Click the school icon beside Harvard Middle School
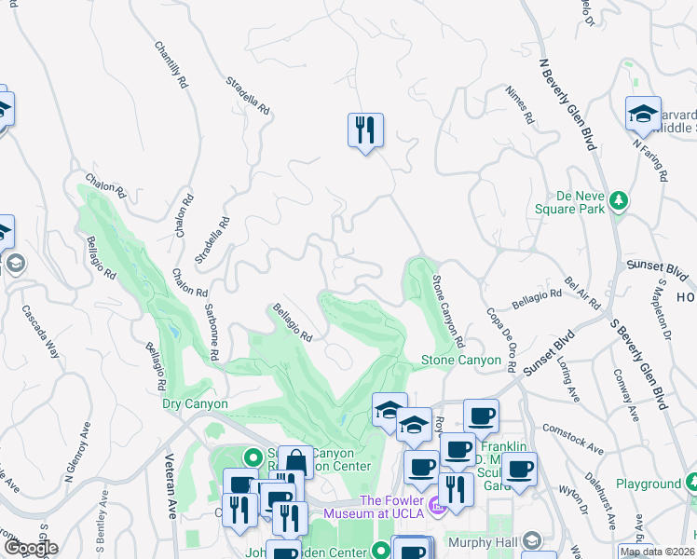(643, 114)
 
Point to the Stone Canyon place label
(455, 360)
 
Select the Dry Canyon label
(195, 404)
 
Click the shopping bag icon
(295, 462)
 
